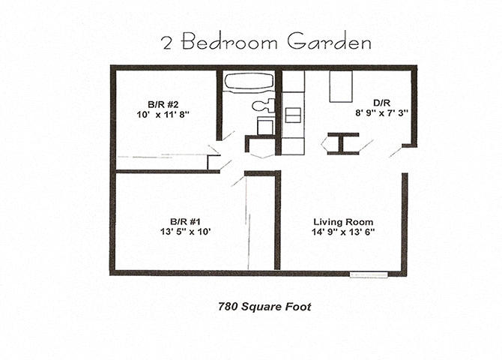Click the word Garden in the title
[x=329, y=43]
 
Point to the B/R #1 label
[x=185, y=221]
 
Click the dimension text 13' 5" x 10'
[x=185, y=232]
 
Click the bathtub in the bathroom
[x=248, y=82]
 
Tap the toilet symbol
[x=262, y=106]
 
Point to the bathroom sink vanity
[x=265, y=125]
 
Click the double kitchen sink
[x=293, y=115]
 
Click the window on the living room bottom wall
[x=369, y=274]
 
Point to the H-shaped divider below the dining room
[x=342, y=143]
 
